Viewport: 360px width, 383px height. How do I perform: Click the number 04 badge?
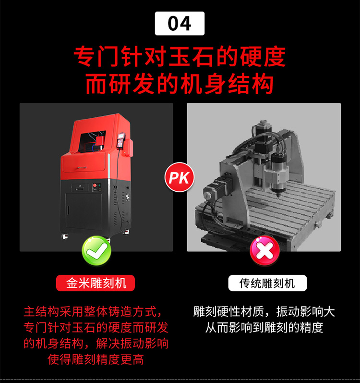click(180, 24)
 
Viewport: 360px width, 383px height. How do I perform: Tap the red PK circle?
click(179, 177)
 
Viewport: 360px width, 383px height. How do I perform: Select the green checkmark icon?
click(96, 251)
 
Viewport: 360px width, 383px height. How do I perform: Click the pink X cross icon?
click(264, 251)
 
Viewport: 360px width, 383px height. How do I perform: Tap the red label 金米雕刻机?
click(96, 283)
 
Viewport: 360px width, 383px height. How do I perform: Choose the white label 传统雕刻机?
click(267, 283)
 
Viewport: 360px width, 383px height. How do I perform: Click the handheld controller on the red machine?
click(121, 140)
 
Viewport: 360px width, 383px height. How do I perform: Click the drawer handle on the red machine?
click(82, 168)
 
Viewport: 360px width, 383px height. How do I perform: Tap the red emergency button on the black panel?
click(95, 185)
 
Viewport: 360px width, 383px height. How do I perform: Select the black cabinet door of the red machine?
click(84, 211)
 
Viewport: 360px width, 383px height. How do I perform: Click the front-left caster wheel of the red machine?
click(65, 236)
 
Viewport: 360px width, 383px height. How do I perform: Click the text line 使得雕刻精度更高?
click(96, 359)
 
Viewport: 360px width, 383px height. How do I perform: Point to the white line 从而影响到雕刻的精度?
click(264, 328)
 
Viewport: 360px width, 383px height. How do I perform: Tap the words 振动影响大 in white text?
click(306, 312)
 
